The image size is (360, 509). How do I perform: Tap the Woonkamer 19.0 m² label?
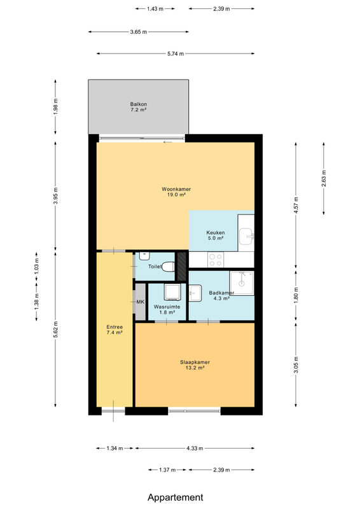[x=176, y=192]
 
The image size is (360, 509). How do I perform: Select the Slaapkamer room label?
[x=195, y=362]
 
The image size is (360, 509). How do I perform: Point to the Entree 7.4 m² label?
[x=114, y=330]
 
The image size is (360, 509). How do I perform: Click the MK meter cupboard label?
[x=140, y=302]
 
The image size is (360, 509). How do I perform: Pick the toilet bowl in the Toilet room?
[x=168, y=267]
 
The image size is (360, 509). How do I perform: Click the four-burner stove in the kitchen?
[x=216, y=260]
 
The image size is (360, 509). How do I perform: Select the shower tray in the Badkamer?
[x=242, y=283]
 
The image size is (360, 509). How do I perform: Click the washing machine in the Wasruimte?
[x=172, y=292]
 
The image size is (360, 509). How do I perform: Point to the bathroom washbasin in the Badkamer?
[x=195, y=293]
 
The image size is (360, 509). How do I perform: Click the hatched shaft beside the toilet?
[x=182, y=266]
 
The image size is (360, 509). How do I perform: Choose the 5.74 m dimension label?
[x=176, y=53]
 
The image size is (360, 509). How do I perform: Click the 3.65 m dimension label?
[x=139, y=32]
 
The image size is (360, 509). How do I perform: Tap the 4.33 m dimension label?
[x=195, y=449]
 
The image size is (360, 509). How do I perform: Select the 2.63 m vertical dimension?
[x=324, y=179]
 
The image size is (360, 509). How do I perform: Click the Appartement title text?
[x=176, y=497]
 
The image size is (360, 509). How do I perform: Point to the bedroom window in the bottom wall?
[x=195, y=411]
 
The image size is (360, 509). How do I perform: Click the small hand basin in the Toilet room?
[x=144, y=256]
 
